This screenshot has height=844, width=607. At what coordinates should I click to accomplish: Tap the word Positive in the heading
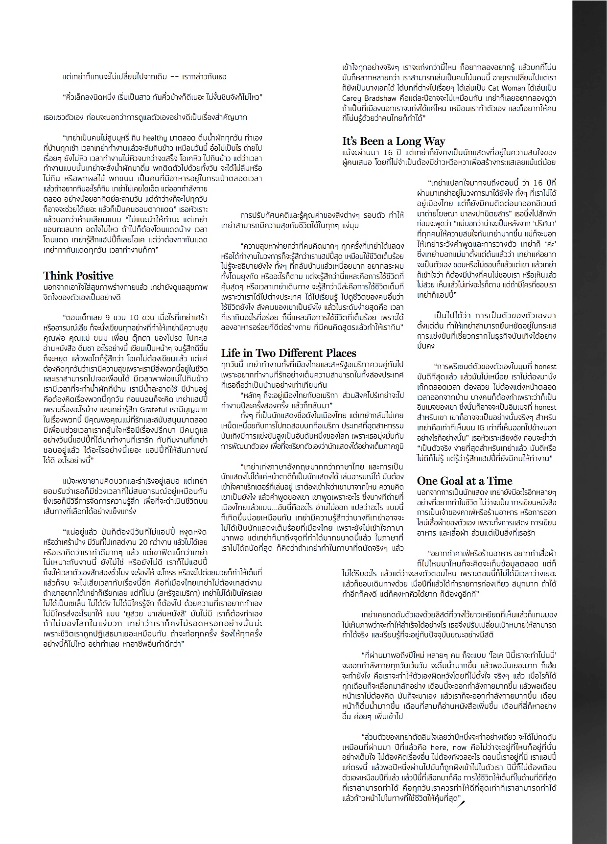pyautogui.click(x=96, y=276)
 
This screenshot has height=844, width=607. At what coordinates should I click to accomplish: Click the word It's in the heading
pyautogui.click(x=351, y=141)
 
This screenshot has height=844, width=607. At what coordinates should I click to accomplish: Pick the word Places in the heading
pyautogui.click(x=340, y=353)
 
